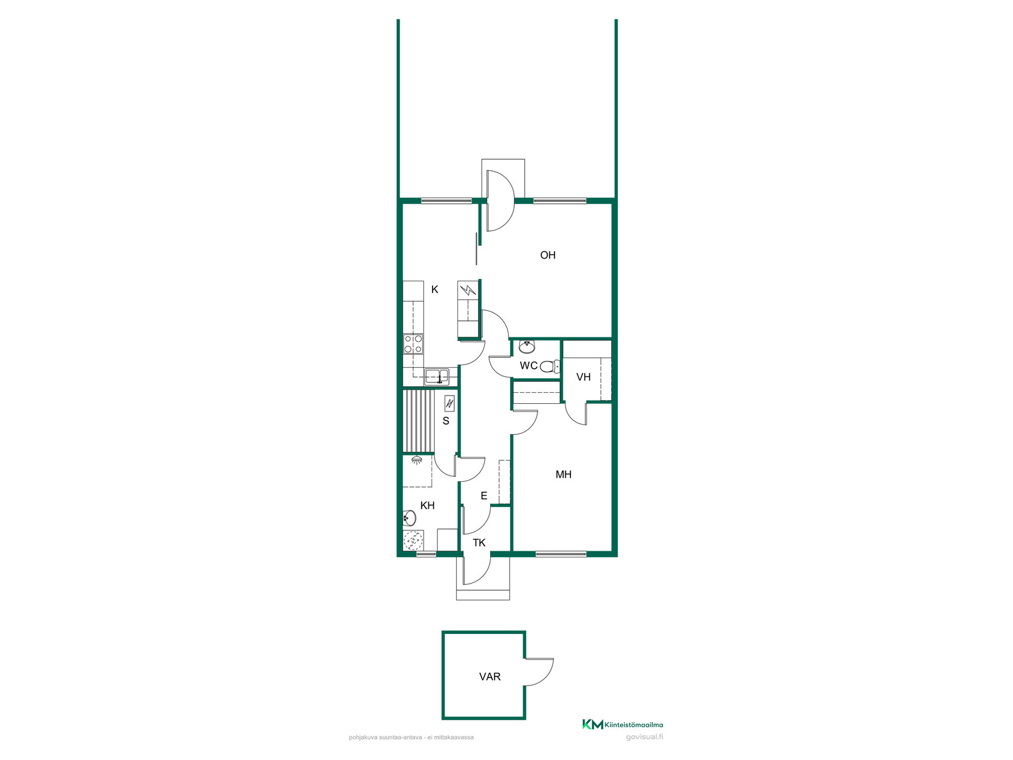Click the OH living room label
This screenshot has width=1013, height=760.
click(x=548, y=255)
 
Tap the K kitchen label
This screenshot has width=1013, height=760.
click(x=435, y=289)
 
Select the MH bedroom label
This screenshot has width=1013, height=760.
click(x=563, y=474)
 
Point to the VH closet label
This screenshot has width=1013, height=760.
click(x=584, y=377)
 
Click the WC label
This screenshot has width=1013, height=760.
click(x=529, y=366)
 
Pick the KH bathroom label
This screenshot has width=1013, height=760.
click(x=427, y=506)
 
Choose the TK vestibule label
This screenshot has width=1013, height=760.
click(x=479, y=543)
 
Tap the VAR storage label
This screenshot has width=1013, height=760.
click(x=490, y=677)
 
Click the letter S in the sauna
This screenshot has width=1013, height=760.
click(x=446, y=421)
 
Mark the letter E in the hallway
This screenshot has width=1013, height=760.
click(x=484, y=496)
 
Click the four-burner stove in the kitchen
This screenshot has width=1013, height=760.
click(x=413, y=344)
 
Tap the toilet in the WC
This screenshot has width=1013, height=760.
click(x=550, y=366)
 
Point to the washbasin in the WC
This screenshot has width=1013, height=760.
click(x=527, y=347)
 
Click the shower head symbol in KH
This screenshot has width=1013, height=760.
click(x=417, y=461)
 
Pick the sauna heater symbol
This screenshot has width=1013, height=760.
click(x=450, y=404)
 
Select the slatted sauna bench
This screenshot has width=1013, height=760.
click(x=418, y=421)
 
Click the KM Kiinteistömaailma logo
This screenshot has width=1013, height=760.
click(x=623, y=725)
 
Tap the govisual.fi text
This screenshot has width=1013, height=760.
click(x=645, y=737)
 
